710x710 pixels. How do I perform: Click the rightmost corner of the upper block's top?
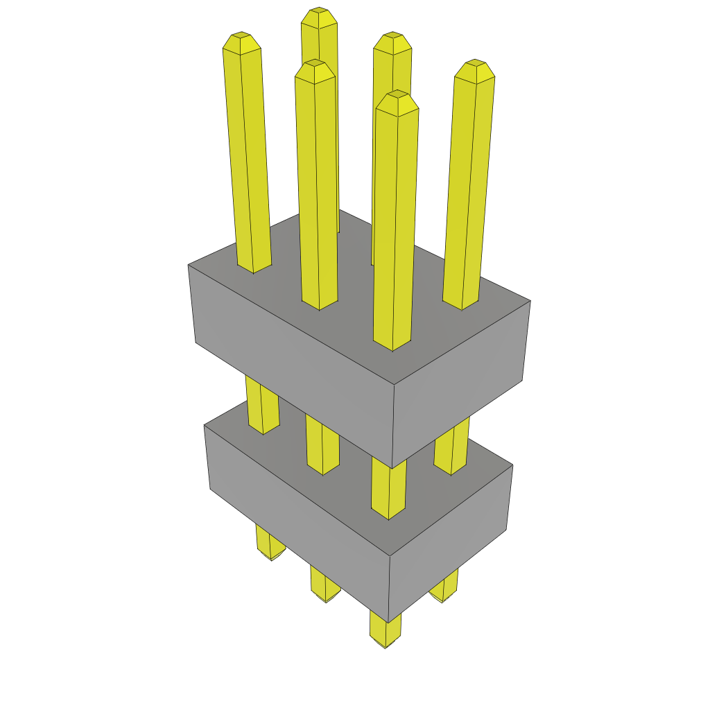click(x=530, y=301)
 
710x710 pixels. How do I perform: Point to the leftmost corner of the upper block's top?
click(x=189, y=265)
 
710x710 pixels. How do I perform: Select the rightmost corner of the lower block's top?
click(x=512, y=465)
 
